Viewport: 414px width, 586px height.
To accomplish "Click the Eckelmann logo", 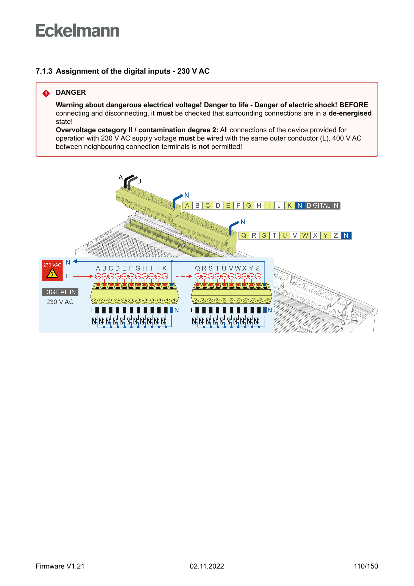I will tap(77, 31).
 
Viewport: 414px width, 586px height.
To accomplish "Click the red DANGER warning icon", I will tap(46, 93).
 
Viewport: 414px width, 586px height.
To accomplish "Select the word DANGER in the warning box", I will tap(71, 93).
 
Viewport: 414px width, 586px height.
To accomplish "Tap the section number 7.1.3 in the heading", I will tap(44, 71).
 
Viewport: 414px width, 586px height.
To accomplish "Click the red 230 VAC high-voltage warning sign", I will tap(52, 270).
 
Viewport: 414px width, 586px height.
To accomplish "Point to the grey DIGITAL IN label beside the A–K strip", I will tap(322, 205).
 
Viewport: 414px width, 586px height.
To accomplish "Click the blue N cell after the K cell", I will tap(300, 205).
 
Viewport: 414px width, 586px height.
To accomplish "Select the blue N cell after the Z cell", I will tap(346, 235).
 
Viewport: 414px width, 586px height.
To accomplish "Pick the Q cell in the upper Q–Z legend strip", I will tap(244, 235).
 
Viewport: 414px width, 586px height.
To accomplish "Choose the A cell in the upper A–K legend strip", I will tap(187, 205).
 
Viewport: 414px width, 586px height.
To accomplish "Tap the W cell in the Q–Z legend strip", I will tap(305, 235).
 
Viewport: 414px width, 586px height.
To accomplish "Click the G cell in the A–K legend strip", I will tap(249, 205).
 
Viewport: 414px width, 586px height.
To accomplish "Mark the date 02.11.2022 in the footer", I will tap(207, 566).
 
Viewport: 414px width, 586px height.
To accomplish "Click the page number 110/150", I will tap(366, 566).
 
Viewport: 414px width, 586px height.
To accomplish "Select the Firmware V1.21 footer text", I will tap(60, 566).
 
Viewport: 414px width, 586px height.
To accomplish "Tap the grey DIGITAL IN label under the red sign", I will tap(60, 292).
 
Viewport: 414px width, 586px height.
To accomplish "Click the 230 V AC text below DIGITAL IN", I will tap(60, 302).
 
